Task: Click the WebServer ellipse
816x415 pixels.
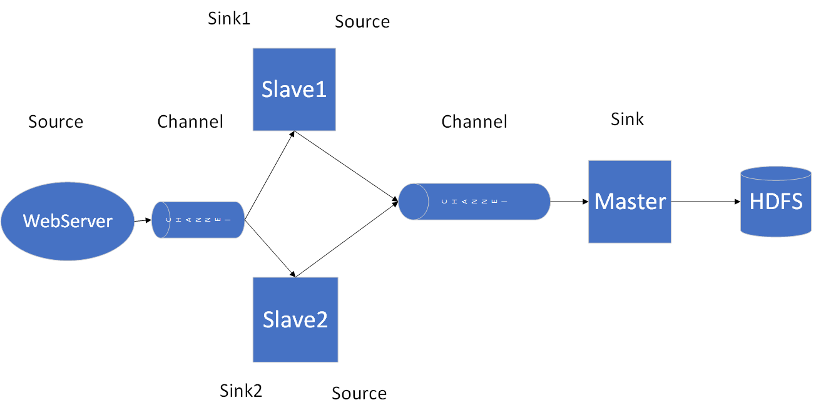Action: pyautogui.click(x=68, y=221)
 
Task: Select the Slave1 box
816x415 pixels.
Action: pyautogui.click(x=294, y=90)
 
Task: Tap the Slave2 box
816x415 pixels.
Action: pyautogui.click(x=295, y=319)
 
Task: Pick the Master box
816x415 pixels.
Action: pyautogui.click(x=630, y=202)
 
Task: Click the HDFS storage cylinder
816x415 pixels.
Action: pyautogui.click(x=775, y=202)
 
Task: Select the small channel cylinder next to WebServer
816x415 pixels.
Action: pyautogui.click(x=198, y=220)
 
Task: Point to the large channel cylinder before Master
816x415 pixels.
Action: pyautogui.click(x=474, y=202)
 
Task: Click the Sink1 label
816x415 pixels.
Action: pyautogui.click(x=229, y=18)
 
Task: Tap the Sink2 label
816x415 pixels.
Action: pyautogui.click(x=241, y=391)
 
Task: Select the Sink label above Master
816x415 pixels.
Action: pyautogui.click(x=627, y=119)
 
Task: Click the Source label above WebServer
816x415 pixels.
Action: pyautogui.click(x=56, y=121)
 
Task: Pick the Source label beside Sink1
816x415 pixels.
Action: pyautogui.click(x=362, y=21)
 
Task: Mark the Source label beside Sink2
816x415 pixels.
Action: pyautogui.click(x=359, y=393)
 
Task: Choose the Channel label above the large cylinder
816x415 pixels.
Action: pyautogui.click(x=474, y=121)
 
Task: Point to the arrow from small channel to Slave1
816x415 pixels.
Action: pyautogui.click(x=269, y=176)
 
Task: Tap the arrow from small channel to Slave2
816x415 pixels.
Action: pyautogui.click(x=269, y=248)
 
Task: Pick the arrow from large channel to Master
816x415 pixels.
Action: pyautogui.click(x=569, y=202)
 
